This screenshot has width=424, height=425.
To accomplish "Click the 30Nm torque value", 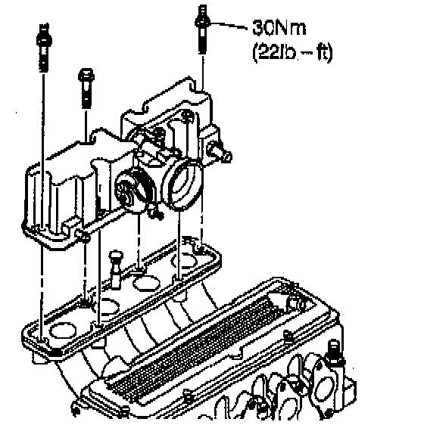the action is tap(279, 28).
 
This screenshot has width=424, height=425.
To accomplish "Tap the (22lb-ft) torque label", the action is tap(292, 53).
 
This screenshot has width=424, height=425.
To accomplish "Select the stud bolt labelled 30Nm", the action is tap(202, 29).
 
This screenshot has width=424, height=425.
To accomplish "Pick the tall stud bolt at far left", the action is tap(44, 48).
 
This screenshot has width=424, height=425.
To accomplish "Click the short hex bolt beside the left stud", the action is tap(86, 88).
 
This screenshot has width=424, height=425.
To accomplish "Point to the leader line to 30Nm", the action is tap(229, 25).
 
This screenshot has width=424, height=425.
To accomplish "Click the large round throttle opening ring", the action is tap(182, 185).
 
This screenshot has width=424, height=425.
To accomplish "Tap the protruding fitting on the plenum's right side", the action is tap(220, 152).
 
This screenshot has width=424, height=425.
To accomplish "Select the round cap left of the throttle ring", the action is tap(126, 187).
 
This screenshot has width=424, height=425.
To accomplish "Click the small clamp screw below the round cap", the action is tap(155, 212).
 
